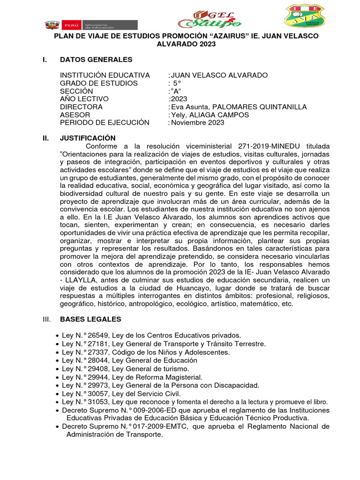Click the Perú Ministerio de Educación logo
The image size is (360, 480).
91,24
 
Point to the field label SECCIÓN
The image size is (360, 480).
76,91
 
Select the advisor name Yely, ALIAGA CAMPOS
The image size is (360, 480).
210,115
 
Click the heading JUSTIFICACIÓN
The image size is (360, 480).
88,138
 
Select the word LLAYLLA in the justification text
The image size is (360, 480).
82,280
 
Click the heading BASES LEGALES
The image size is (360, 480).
90,319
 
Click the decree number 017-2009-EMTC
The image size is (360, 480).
144,427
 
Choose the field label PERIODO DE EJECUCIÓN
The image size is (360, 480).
105,123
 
